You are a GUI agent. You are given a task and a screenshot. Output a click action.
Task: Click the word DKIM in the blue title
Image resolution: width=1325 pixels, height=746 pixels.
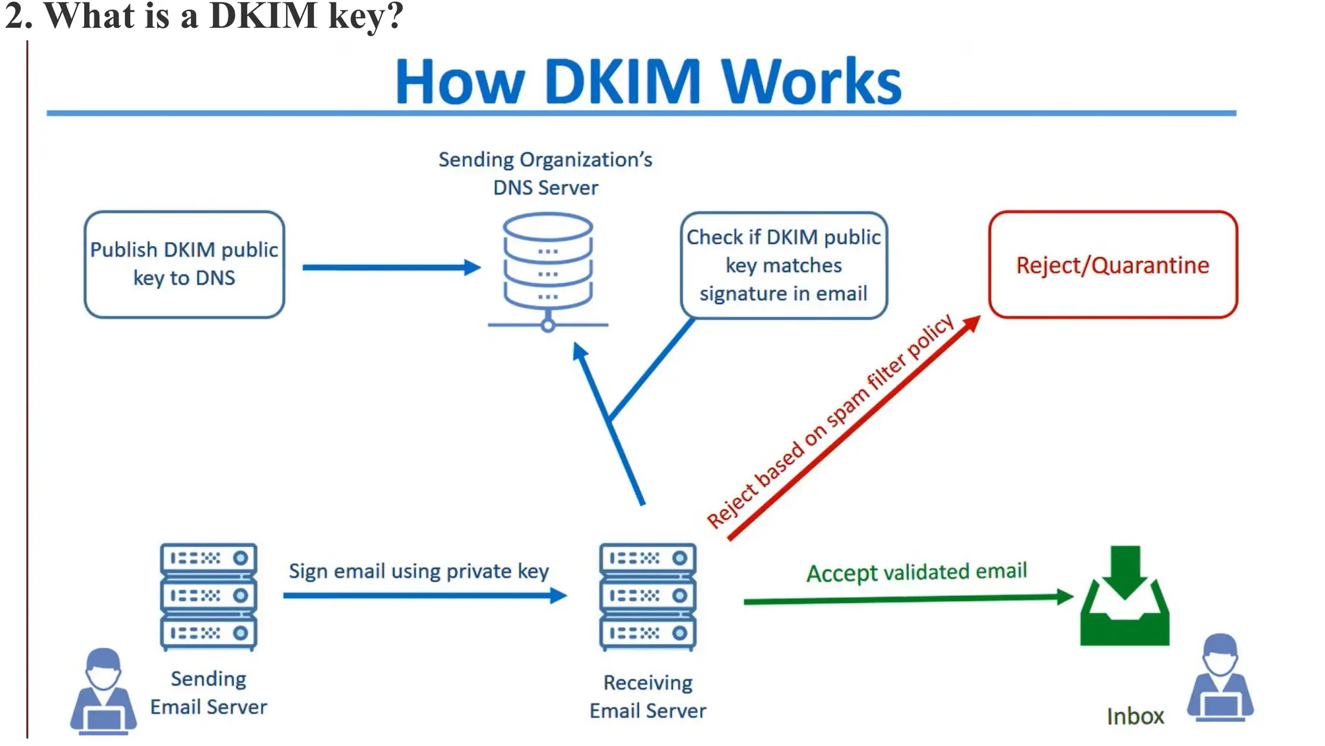[x=622, y=82]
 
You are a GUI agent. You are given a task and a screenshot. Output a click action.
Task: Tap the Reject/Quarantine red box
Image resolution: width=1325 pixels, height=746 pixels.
[x=1112, y=265]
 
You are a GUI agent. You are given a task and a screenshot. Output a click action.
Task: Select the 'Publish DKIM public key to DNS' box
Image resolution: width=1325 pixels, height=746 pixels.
[x=184, y=264]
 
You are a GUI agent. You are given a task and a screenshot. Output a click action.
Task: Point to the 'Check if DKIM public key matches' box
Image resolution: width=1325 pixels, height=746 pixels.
[x=783, y=265]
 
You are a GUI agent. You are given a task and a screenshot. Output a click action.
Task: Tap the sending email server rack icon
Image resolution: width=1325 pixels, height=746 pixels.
[x=208, y=596]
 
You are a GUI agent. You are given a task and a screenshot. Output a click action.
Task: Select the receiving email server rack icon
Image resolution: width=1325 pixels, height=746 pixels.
[x=648, y=596]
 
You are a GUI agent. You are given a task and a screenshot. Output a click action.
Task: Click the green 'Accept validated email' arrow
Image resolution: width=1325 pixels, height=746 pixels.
[x=906, y=600]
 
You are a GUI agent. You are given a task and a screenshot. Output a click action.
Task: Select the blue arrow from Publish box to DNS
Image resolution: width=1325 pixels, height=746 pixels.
[x=388, y=267]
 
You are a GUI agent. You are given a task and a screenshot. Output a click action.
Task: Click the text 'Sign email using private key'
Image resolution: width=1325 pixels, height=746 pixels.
[x=419, y=571]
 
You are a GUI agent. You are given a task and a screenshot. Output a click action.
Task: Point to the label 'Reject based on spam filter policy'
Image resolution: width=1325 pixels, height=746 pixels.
[x=830, y=422]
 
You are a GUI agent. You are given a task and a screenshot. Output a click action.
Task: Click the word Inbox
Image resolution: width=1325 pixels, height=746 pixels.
[x=1135, y=716]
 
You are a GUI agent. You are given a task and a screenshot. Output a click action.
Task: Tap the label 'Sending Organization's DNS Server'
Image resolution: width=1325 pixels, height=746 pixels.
[x=545, y=174]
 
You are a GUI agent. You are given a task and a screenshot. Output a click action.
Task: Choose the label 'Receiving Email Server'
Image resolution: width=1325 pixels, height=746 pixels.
[x=648, y=697]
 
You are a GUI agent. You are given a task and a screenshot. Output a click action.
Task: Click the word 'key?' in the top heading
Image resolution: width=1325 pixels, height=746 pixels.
[x=366, y=16]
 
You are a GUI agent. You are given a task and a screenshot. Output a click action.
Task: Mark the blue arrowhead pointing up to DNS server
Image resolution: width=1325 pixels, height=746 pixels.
[x=580, y=352]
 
